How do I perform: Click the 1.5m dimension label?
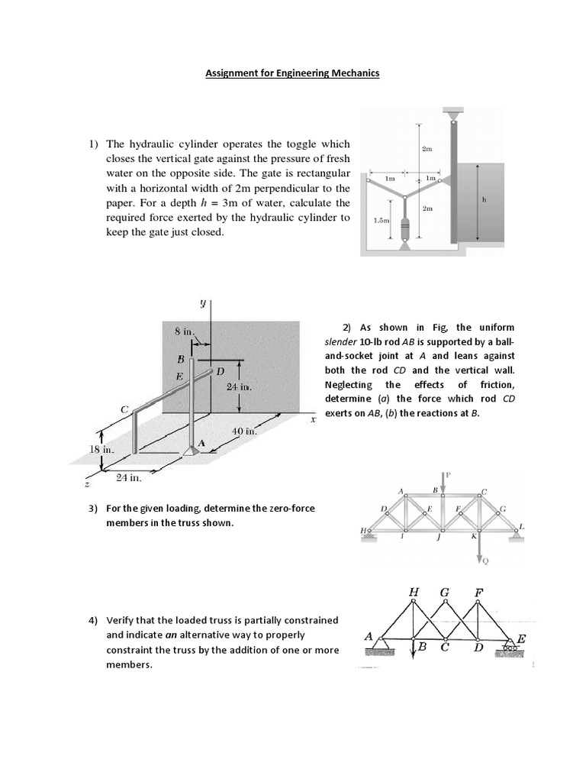pos(381,221)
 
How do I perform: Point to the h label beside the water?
pos(485,200)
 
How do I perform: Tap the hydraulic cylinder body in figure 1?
pos(405,227)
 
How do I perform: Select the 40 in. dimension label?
pos(244,431)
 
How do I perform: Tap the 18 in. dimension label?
pos(101,449)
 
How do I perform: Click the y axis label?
pos(203,303)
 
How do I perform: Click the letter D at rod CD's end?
pos(221,371)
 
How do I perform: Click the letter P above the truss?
pos(449,475)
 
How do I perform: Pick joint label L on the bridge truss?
pos(522,526)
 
